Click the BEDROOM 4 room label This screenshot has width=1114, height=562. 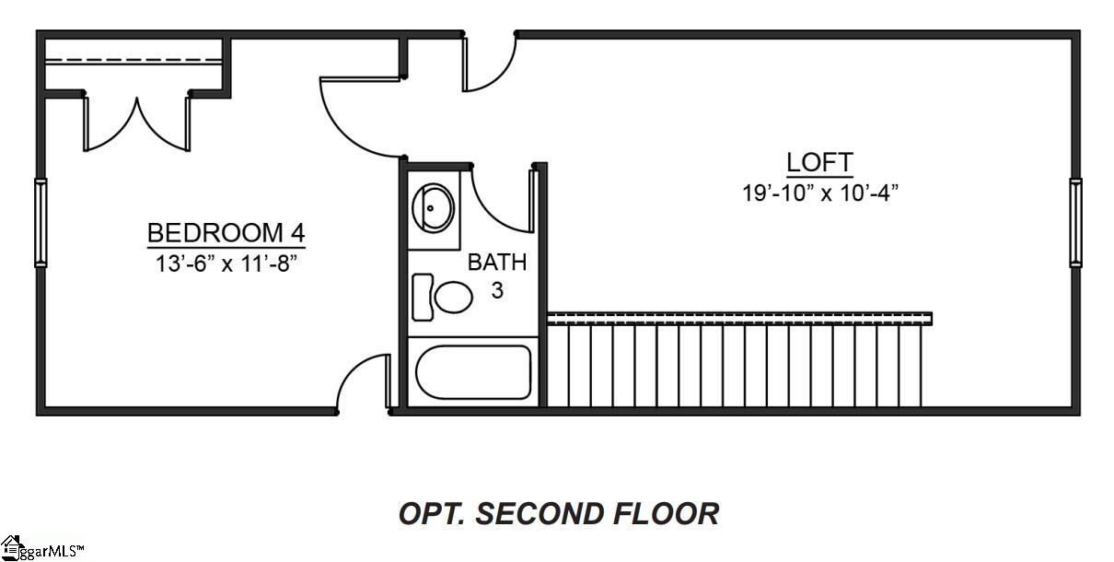[226, 232]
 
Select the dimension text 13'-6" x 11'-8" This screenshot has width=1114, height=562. [226, 263]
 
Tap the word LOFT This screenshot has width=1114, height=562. [819, 163]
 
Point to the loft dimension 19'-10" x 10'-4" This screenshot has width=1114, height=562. [819, 193]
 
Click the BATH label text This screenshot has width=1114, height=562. [497, 263]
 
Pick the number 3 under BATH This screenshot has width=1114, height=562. [497, 291]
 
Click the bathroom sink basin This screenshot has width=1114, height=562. [432, 207]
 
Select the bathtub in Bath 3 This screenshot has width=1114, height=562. [473, 372]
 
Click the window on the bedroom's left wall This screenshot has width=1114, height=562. [41, 222]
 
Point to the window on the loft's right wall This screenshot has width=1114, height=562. [1074, 222]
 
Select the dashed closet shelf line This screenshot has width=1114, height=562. [133, 62]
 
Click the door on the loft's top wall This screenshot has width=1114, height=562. [491, 64]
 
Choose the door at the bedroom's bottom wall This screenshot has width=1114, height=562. [364, 382]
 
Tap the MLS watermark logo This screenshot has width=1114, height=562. [41, 549]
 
